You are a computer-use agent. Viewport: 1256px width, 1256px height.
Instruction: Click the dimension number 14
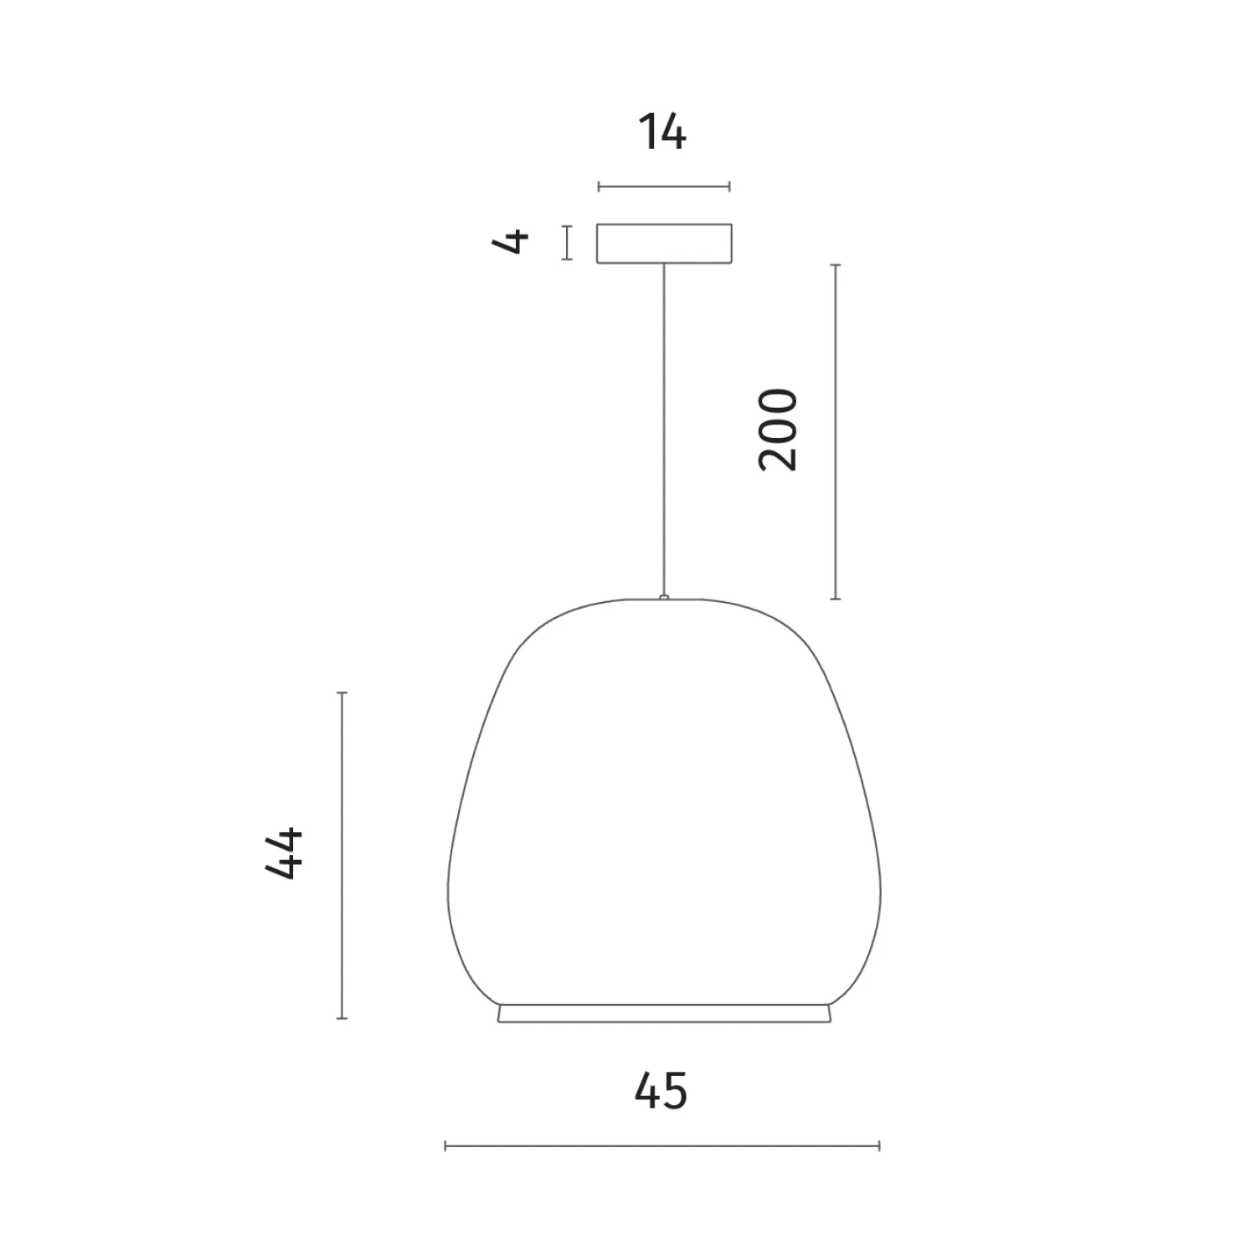click(662, 133)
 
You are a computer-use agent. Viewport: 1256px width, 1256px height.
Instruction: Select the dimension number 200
click(778, 430)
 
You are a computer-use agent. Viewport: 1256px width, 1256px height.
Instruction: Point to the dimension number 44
click(284, 853)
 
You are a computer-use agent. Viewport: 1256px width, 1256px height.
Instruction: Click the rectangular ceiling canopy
click(664, 244)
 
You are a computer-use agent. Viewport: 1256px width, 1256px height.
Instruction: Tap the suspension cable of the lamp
click(664, 430)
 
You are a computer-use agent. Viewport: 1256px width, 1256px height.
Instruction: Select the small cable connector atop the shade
click(664, 598)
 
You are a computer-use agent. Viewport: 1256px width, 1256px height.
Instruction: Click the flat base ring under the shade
click(665, 1013)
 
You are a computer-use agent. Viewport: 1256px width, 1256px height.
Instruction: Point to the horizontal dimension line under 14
click(664, 187)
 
